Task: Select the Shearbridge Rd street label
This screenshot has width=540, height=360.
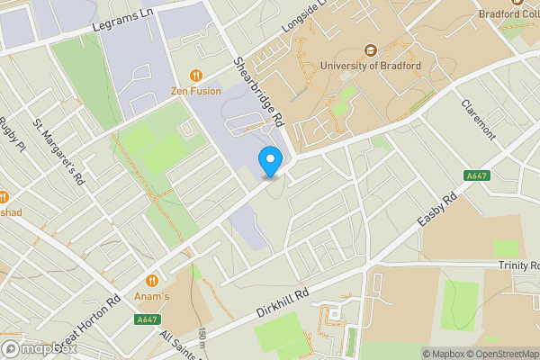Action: pyautogui.click(x=258, y=94)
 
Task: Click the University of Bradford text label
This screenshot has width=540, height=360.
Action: pyautogui.click(x=370, y=66)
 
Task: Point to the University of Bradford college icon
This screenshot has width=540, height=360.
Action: pyautogui.click(x=370, y=50)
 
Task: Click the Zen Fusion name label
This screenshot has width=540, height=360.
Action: pyautogui.click(x=196, y=91)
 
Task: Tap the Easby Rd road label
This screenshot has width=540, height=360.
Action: pyautogui.click(x=437, y=211)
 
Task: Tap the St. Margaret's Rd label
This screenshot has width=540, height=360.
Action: pyautogui.click(x=58, y=151)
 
